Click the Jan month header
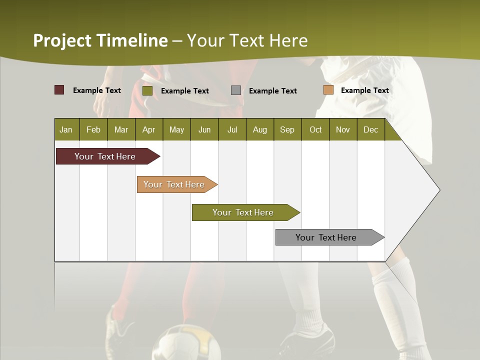(x=66, y=129)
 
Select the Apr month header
(x=148, y=129)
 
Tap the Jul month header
(x=232, y=129)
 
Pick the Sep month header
(x=287, y=129)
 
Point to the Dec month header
(x=370, y=129)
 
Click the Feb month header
(x=93, y=129)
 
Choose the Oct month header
(x=315, y=129)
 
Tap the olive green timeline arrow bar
(x=243, y=212)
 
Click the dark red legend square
(x=59, y=90)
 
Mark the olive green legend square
(x=147, y=90)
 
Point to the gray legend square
(x=236, y=90)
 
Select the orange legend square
(x=328, y=90)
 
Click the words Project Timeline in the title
(x=100, y=40)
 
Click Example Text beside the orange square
(x=364, y=90)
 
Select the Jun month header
(x=204, y=129)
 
